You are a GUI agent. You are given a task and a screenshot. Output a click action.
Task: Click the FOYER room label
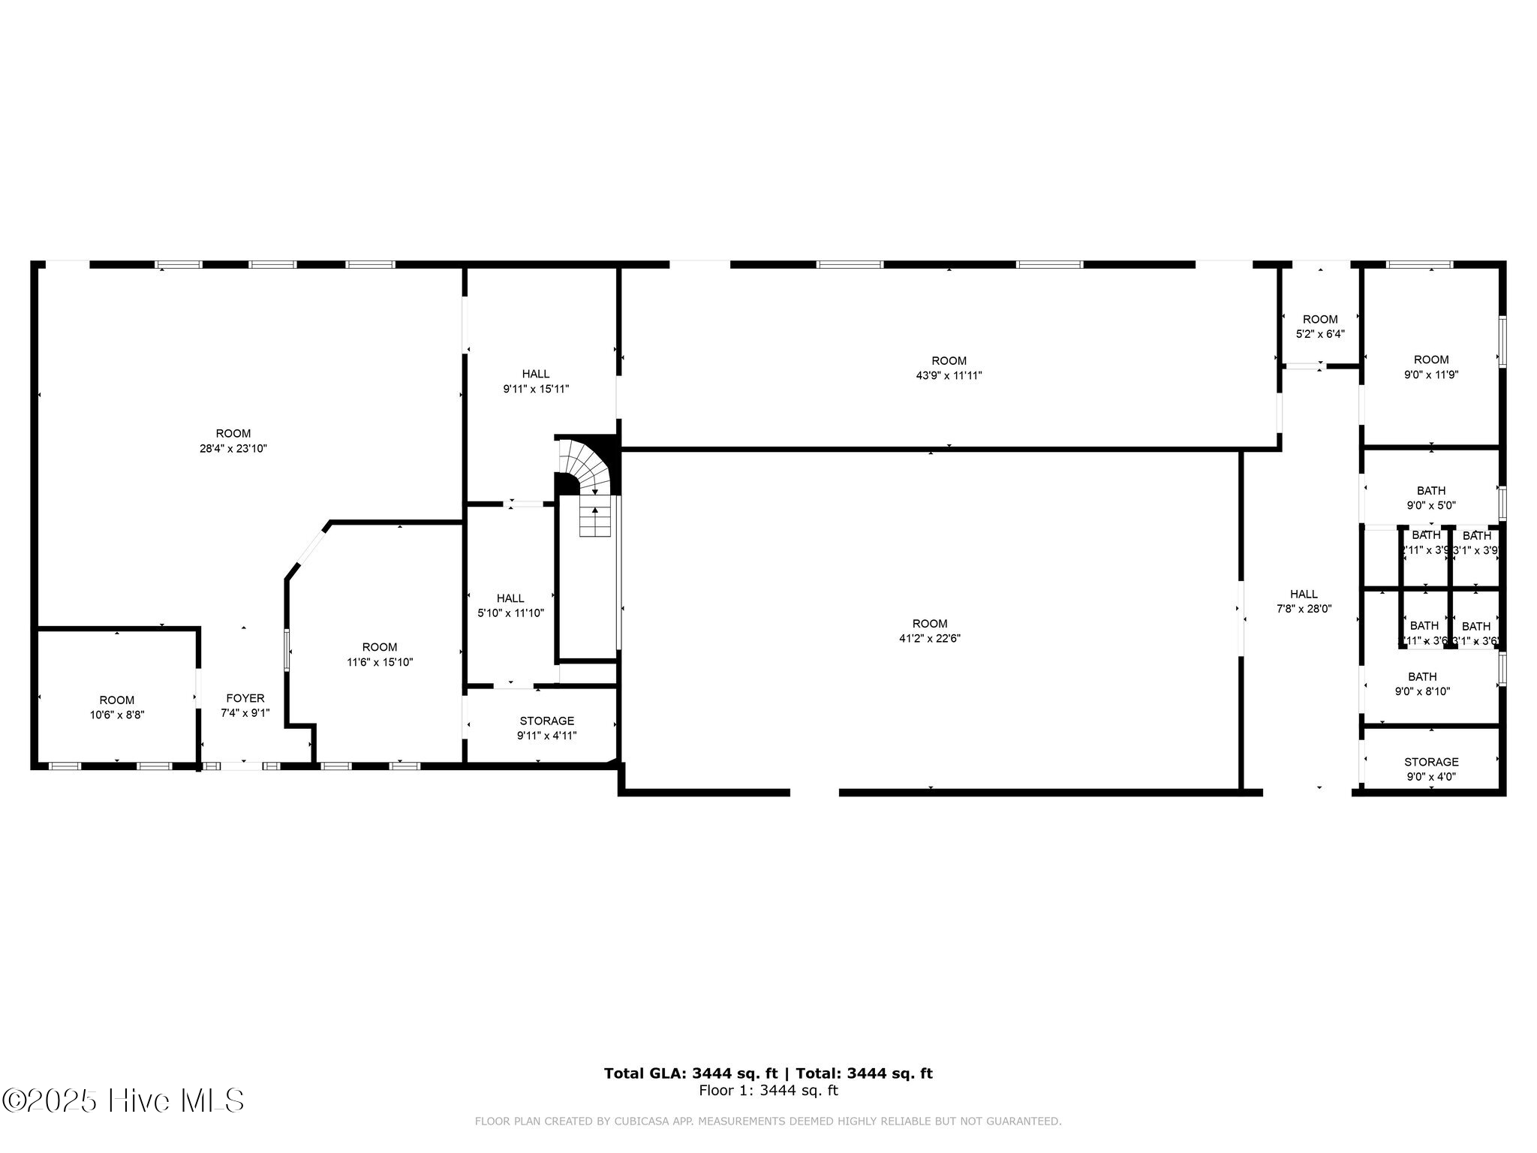click(x=245, y=699)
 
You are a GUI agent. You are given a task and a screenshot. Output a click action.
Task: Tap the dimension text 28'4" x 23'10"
click(x=233, y=449)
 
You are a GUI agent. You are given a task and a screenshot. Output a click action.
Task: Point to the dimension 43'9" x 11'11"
click(x=949, y=376)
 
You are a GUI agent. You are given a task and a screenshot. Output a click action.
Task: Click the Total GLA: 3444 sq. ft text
click(x=690, y=1073)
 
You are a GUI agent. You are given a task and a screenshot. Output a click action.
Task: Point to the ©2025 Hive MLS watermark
click(x=124, y=1101)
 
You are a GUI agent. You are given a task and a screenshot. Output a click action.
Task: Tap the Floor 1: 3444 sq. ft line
click(x=768, y=1091)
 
